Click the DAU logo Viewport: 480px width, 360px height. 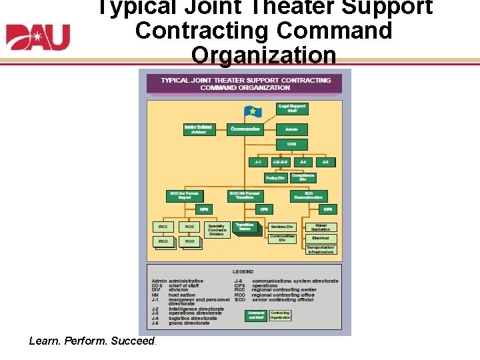37,37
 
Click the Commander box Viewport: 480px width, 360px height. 245,129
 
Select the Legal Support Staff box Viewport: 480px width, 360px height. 292,108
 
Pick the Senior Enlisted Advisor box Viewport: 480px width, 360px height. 199,129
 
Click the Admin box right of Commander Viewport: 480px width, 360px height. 291,129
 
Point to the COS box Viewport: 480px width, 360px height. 291,144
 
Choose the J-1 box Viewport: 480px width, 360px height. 257,161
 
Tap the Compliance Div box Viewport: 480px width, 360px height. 303,178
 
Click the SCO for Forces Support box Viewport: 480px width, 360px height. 185,196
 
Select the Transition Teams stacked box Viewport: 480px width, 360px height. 244,227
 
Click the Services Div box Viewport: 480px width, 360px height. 282,227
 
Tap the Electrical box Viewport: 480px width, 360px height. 320,238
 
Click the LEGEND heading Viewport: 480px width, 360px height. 243,272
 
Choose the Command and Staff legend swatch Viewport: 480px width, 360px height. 256,315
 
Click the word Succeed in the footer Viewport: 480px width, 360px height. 134,341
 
